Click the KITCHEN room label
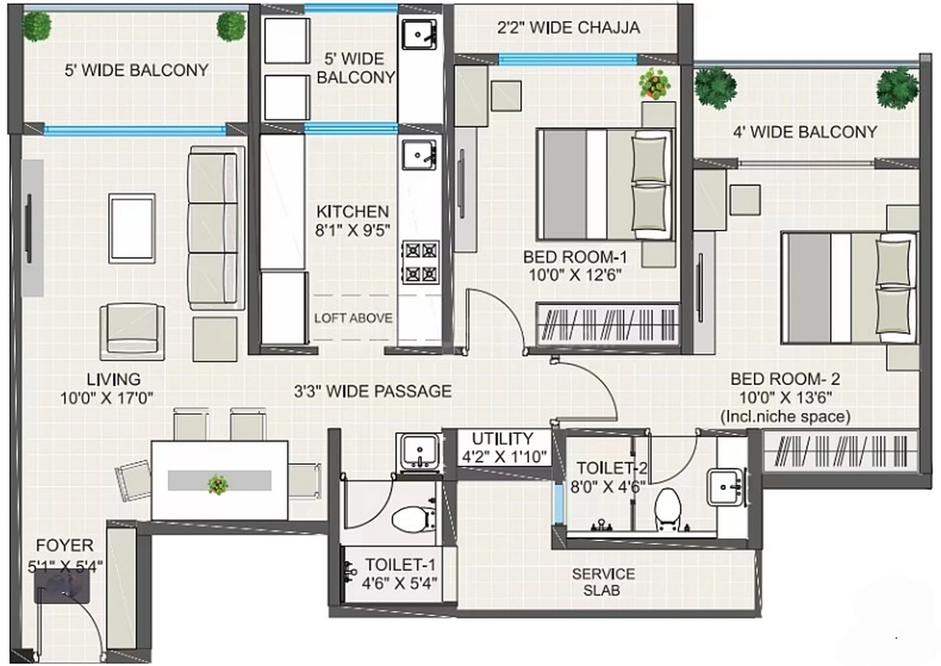pos(352,211)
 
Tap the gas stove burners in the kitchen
pos(420,262)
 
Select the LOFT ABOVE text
pos(353,318)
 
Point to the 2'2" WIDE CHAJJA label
pos(568,27)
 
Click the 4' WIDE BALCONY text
pos(805,132)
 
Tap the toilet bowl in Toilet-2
pos(667,509)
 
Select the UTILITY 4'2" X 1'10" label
pos(503,447)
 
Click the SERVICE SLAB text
pos(603,582)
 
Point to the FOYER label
pos(64,545)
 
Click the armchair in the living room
pos(132,332)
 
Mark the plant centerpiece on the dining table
pos(218,484)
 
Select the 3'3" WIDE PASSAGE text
pos(372,391)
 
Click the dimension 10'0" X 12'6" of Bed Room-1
pos(575,275)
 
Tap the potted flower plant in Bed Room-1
pos(655,83)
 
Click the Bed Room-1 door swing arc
pos(506,310)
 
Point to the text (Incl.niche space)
pos(785,416)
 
